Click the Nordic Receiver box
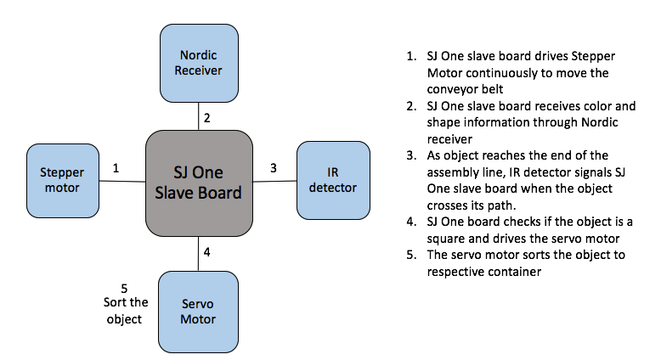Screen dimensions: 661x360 click(199, 63)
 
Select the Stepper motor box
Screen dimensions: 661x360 click(63, 181)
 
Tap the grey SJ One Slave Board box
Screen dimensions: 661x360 click(199, 183)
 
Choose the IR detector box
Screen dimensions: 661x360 click(333, 180)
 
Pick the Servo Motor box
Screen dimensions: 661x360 click(198, 312)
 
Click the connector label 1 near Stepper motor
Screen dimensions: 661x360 click(116, 168)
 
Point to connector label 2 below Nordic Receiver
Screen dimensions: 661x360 click(206, 118)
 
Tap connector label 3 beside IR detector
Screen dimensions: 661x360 click(274, 168)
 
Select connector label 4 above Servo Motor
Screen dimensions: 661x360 click(206, 252)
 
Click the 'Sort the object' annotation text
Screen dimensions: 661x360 click(126, 311)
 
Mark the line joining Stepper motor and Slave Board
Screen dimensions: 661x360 click(122, 181)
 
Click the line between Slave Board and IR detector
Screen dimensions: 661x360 click(275, 181)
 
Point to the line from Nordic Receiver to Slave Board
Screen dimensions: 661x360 click(199, 116)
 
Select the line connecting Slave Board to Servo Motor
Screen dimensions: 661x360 click(199, 254)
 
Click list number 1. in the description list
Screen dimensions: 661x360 click(411, 56)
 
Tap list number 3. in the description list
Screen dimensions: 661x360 click(411, 155)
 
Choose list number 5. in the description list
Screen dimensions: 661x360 click(411, 255)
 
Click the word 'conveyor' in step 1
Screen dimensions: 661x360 click(451, 90)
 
